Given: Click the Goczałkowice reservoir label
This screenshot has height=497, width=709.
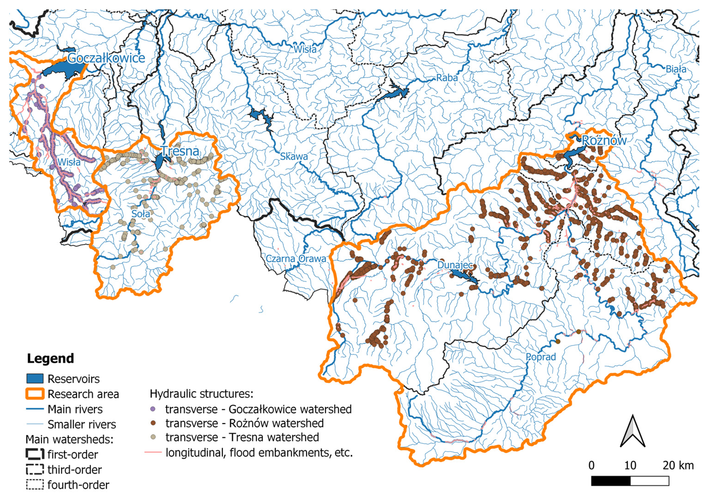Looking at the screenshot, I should [x=106, y=58].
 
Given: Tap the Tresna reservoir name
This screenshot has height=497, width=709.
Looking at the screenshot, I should [x=180, y=151].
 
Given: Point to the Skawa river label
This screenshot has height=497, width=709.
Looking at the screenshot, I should [x=294, y=156].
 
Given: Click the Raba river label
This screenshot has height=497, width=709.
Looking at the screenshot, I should [x=447, y=78].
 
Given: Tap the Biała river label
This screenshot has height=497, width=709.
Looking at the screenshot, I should [x=676, y=69].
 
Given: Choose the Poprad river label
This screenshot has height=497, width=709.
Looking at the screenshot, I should [x=541, y=357].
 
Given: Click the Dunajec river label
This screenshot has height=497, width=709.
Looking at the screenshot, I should [x=455, y=265].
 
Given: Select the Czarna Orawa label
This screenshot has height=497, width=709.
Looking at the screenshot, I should [x=296, y=259].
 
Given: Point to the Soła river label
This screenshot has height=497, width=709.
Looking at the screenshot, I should [x=141, y=213].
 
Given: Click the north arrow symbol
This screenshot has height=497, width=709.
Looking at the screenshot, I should [x=632, y=432].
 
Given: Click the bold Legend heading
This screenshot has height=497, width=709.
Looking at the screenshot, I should [x=50, y=359].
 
